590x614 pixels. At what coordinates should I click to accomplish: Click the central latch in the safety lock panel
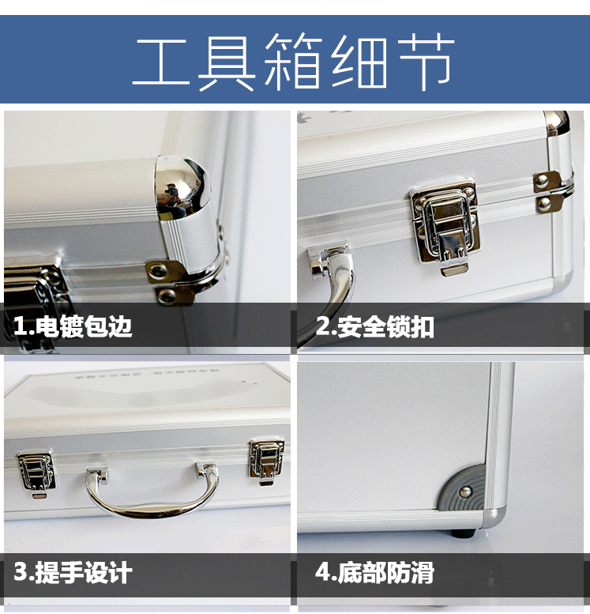(445, 225)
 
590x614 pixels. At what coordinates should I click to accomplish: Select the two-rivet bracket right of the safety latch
(547, 192)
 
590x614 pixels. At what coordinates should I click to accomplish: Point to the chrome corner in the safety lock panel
(556, 122)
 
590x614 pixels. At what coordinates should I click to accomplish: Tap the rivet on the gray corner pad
(466, 492)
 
